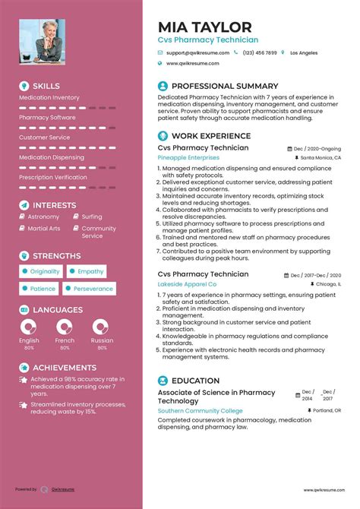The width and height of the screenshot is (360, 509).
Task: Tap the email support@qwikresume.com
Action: click(197, 52)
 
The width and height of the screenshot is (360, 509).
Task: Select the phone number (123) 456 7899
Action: click(260, 52)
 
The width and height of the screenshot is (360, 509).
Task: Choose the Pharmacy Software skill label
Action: click(47, 118)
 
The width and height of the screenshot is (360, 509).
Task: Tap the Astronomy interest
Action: click(43, 217)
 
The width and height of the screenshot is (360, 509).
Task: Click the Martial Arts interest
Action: click(43, 228)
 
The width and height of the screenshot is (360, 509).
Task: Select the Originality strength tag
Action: click(44, 271)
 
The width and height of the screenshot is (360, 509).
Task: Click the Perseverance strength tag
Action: click(93, 289)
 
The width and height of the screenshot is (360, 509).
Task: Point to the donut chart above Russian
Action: click(101, 327)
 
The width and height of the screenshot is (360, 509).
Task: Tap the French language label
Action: click(65, 341)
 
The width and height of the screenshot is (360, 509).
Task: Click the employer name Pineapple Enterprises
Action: click(188, 157)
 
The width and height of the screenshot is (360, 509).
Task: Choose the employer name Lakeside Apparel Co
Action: click(187, 284)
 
